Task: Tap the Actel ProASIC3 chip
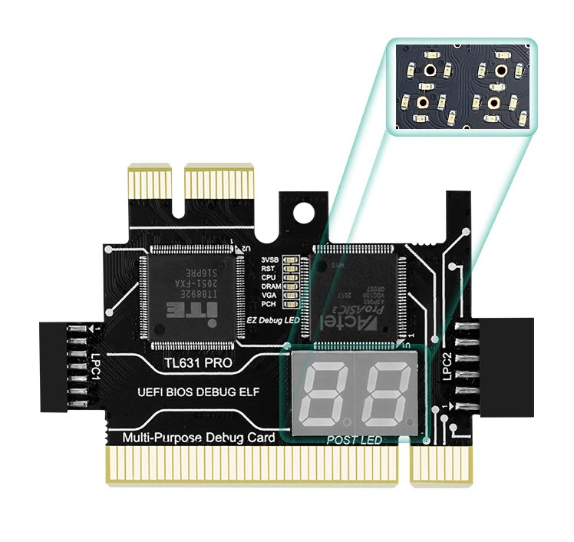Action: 355,293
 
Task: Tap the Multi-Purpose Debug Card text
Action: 198,438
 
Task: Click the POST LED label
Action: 354,440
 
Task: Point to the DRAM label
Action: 270,286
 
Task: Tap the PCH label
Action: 270,304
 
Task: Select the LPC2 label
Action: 448,363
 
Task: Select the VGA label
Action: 269,296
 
